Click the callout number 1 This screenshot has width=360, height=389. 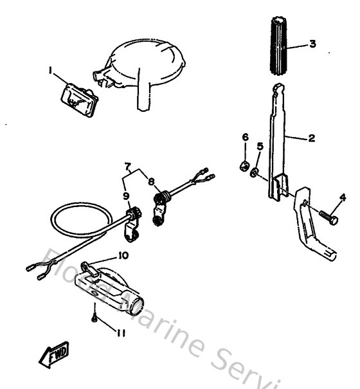coord(50,70)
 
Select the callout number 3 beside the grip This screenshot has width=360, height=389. coord(312,44)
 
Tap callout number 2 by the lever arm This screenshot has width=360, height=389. coord(311,138)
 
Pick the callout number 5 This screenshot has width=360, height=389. coord(260,147)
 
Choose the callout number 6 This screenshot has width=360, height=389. coord(244,138)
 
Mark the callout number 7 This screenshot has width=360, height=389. coord(128,167)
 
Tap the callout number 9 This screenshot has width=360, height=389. coord(126,195)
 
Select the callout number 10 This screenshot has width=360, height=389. coord(123,256)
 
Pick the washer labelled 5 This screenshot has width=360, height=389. coord(255,172)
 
